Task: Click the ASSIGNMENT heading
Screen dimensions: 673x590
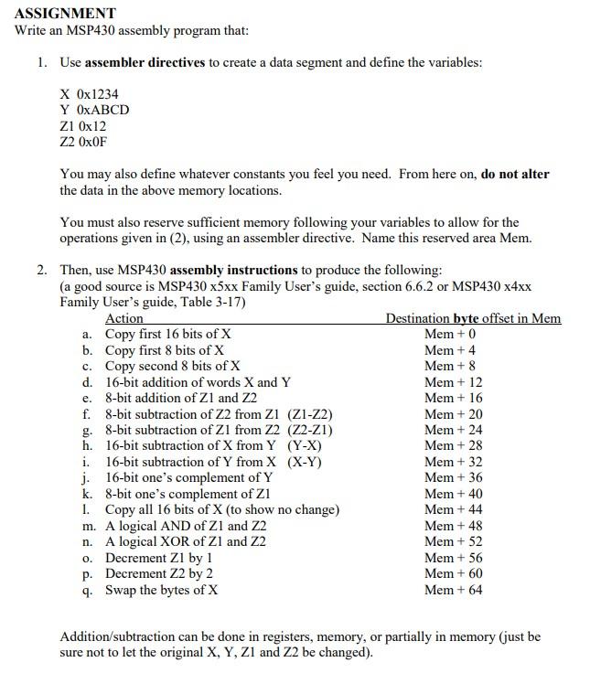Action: click(65, 13)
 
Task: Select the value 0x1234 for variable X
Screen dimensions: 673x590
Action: click(97, 94)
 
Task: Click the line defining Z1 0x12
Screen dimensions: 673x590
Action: click(83, 126)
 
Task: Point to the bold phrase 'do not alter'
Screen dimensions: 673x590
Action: click(515, 174)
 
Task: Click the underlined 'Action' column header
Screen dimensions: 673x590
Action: click(124, 318)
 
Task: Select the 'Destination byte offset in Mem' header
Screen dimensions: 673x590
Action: click(473, 318)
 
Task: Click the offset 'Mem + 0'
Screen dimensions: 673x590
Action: click(450, 334)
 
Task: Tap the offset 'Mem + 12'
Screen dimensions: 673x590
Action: click(454, 382)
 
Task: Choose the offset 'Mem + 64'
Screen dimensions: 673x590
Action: click(454, 590)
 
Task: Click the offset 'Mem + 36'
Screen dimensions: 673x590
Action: click(454, 477)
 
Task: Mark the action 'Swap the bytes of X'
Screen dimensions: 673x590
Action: click(162, 590)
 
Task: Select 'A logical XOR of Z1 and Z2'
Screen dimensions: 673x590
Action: click(186, 541)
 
